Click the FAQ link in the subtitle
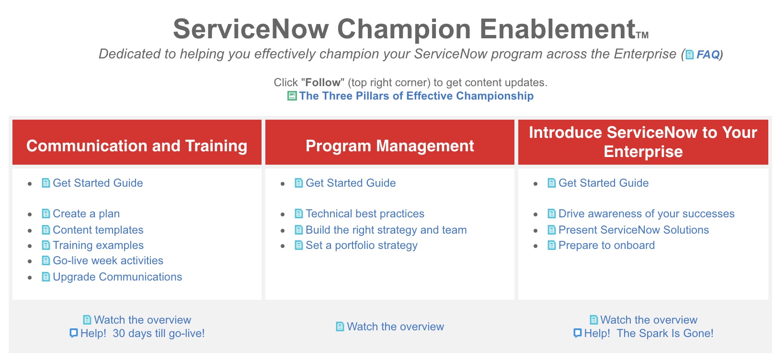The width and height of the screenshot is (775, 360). click(x=708, y=54)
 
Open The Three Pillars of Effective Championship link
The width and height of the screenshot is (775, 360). click(x=416, y=96)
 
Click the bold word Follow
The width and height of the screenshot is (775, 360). click(x=323, y=82)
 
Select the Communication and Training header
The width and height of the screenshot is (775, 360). click(x=137, y=146)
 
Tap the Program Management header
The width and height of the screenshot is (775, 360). click(x=390, y=146)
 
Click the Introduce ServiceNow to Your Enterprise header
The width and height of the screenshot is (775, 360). click(x=643, y=142)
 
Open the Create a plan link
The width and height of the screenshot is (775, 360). click(x=86, y=214)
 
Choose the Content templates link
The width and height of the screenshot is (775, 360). click(x=98, y=230)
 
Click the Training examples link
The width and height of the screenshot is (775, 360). click(x=98, y=245)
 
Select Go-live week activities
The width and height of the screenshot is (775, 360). click(x=108, y=260)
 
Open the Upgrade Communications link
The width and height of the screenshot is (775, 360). click(x=117, y=277)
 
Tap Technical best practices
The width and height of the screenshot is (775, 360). click(x=365, y=214)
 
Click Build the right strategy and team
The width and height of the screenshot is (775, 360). click(x=386, y=230)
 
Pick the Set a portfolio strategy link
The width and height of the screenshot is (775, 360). click(x=362, y=245)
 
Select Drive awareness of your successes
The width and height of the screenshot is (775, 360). click(x=646, y=214)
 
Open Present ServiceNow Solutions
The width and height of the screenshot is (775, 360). click(x=634, y=230)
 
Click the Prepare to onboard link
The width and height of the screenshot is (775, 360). click(x=606, y=245)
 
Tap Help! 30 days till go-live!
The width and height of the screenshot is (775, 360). click(x=143, y=333)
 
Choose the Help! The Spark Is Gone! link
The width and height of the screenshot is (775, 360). click(x=649, y=333)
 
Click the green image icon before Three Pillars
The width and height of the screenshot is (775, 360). click(x=292, y=96)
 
